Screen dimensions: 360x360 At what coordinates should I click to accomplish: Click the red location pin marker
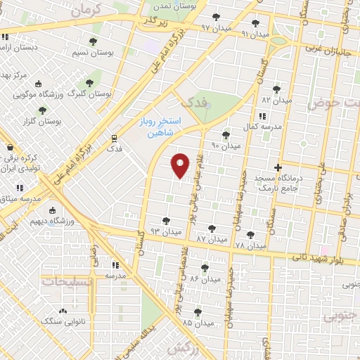181,165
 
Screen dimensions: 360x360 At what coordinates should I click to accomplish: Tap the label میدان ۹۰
226,146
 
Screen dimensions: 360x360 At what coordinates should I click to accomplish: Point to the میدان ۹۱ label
255,33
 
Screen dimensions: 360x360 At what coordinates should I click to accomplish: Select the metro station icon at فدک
114,138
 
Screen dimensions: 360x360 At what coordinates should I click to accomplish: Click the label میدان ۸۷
212,239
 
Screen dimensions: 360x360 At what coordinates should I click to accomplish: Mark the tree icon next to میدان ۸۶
204,268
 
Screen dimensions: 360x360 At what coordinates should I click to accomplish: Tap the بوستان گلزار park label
42,122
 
